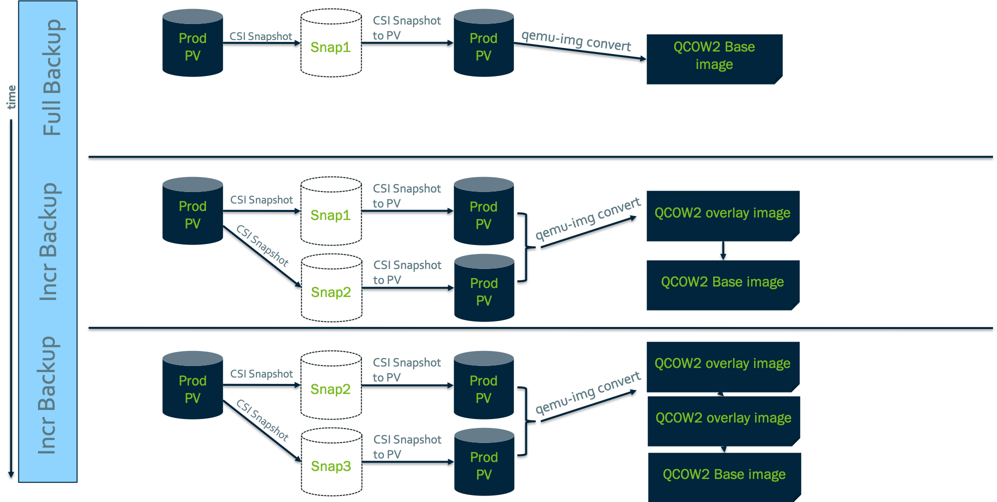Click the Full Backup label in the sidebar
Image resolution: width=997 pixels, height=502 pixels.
pos(52,77)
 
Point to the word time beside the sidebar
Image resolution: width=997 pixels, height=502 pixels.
pos(11,97)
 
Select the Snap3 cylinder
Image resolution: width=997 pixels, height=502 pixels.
pos(331,462)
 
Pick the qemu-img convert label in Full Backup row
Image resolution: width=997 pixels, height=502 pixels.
pos(576,40)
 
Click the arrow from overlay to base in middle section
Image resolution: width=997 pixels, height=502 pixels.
pos(723,251)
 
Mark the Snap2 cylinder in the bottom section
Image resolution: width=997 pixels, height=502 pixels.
pos(331,385)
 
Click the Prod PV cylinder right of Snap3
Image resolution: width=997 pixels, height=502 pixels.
pos(484,462)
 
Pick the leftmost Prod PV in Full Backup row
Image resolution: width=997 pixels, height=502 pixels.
pos(193,43)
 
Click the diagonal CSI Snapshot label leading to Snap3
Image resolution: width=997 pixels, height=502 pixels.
pos(262,420)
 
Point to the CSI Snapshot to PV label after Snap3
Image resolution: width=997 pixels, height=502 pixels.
pos(407,446)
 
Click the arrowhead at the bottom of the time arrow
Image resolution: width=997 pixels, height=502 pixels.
pos(11,474)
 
